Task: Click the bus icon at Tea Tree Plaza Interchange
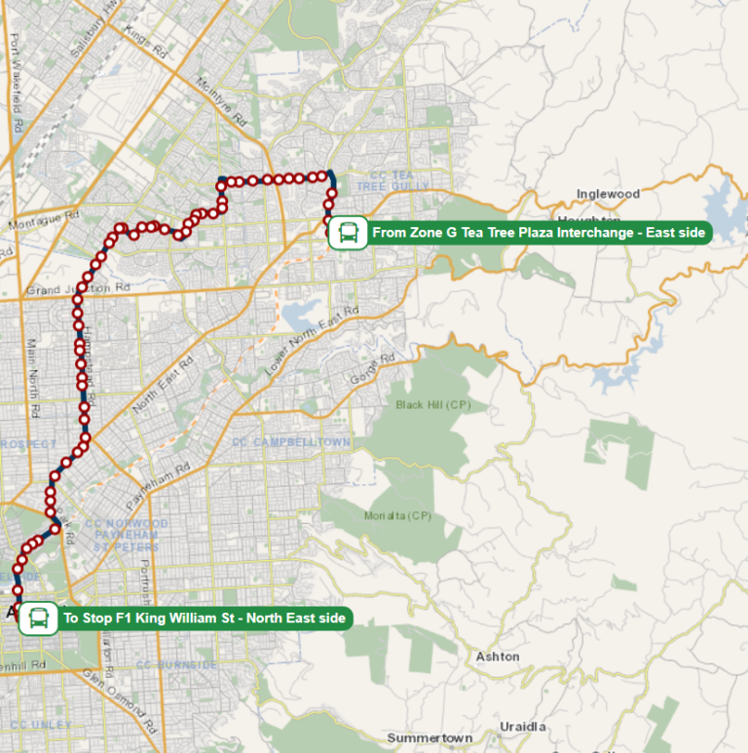pyautogui.click(x=348, y=233)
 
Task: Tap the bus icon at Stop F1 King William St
pyautogui.click(x=38, y=618)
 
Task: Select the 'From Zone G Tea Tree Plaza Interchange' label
pyautogui.click(x=539, y=233)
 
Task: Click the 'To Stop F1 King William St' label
pyautogui.click(x=204, y=618)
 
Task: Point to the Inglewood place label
pyautogui.click(x=608, y=194)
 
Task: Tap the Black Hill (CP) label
pyautogui.click(x=433, y=404)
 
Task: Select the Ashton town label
pyautogui.click(x=498, y=657)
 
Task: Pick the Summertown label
pyautogui.click(x=430, y=737)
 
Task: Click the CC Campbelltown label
pyautogui.click(x=291, y=442)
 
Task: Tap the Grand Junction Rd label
pyautogui.click(x=78, y=289)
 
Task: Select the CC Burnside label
pyautogui.click(x=176, y=665)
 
